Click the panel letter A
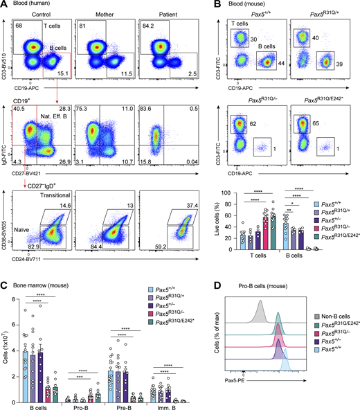[x=5, y=5]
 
